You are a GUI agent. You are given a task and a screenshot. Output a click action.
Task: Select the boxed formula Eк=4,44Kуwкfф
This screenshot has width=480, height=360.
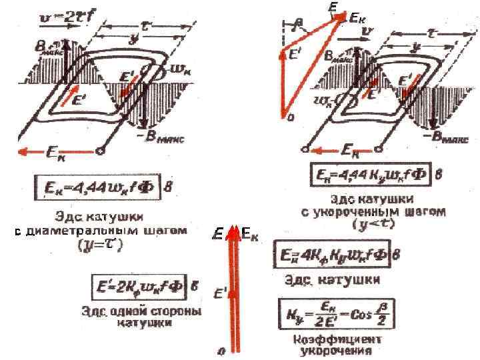click(x=371, y=176)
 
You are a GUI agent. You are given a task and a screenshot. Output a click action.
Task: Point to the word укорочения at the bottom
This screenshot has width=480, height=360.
click(x=331, y=350)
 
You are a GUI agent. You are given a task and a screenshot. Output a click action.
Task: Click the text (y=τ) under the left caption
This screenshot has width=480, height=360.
click(x=106, y=245)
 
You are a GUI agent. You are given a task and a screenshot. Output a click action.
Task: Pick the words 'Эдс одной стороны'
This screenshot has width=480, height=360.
click(x=127, y=311)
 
